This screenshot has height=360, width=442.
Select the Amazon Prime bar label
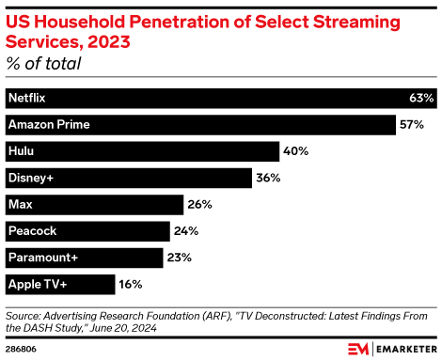43,124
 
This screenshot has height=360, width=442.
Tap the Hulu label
21,150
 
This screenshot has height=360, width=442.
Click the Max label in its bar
20,204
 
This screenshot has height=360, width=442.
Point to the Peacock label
30,230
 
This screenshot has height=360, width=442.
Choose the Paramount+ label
39,257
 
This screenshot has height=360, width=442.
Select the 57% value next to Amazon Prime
412,124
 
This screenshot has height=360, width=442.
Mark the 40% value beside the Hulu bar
296,150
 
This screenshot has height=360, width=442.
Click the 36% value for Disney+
270,177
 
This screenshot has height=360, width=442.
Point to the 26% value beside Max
199,204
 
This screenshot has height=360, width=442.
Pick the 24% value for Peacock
186,230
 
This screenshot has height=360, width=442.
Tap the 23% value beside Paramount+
180,257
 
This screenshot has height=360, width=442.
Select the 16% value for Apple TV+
132,283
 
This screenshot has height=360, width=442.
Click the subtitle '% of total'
43,64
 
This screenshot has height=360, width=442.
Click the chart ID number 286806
21,348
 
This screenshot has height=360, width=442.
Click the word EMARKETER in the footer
405,348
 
